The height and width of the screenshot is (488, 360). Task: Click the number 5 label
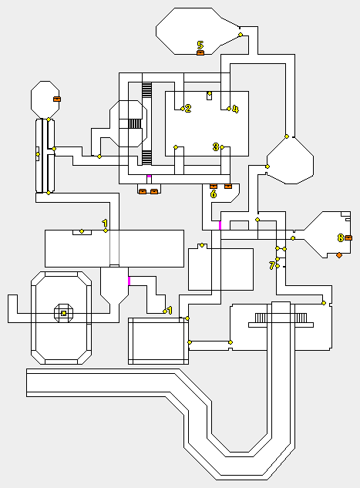200,45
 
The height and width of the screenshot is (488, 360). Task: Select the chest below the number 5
200,53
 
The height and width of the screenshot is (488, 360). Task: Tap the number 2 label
188,108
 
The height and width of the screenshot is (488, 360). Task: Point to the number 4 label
236,109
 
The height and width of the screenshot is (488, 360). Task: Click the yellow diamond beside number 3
222,147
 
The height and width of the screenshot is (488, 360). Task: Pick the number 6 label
214,194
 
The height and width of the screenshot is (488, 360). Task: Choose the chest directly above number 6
214,186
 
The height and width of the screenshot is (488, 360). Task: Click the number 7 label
272,266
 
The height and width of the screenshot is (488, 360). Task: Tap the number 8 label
341,238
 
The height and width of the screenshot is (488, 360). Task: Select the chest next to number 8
348,238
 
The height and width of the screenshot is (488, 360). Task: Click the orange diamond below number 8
339,255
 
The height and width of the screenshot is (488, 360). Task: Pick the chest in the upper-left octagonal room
57,99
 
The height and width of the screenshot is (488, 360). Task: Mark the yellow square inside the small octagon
64,313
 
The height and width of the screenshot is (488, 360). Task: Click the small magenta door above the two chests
149,176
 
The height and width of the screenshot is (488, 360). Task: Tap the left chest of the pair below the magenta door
143,191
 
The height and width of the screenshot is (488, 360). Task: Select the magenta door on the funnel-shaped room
130,281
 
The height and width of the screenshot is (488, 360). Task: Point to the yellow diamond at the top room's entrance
241,35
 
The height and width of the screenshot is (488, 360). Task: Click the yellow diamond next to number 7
278,266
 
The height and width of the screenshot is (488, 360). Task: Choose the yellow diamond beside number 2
183,109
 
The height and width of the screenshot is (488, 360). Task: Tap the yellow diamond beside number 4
229,109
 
